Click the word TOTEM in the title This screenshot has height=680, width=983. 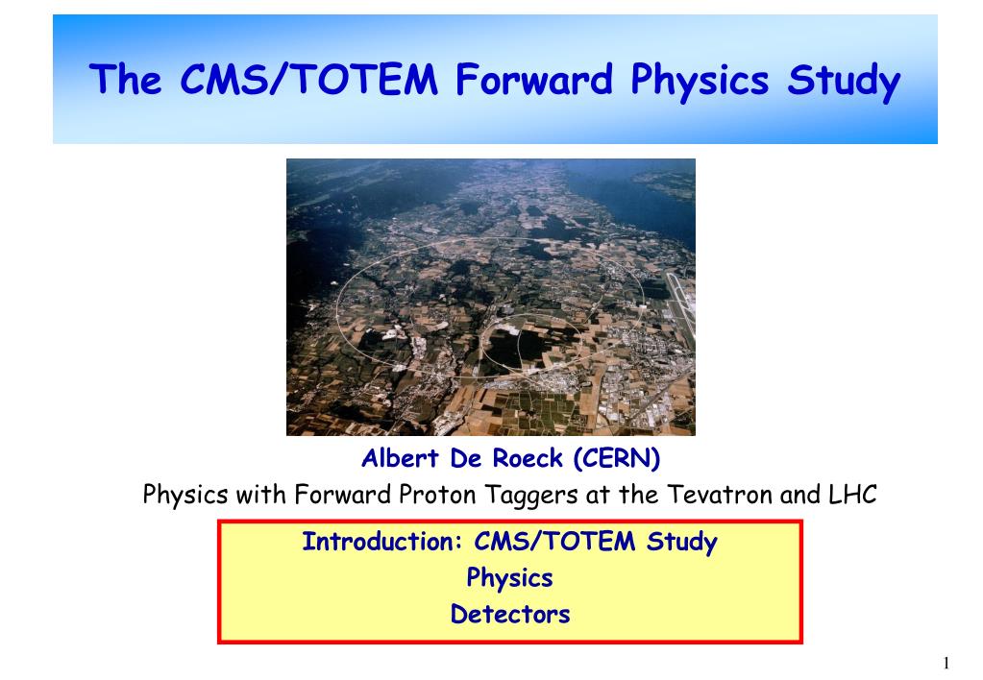pos(365,80)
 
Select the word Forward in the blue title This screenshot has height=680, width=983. pos(533,80)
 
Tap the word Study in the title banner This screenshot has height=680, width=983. pos(844,82)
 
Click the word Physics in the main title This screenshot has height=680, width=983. pos(700,82)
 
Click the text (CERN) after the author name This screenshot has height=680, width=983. pos(616,458)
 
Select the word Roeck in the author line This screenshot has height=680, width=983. pos(528,458)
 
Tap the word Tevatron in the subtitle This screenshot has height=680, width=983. pos(720,495)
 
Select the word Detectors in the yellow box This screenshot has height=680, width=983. pos(510,614)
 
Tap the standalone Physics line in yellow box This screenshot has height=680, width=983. pos(509,578)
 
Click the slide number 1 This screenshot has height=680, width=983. pos(946,663)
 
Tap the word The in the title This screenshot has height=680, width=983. pos(125,80)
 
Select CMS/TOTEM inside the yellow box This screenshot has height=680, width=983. pos(554,542)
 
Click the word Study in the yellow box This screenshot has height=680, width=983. pos(682,543)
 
